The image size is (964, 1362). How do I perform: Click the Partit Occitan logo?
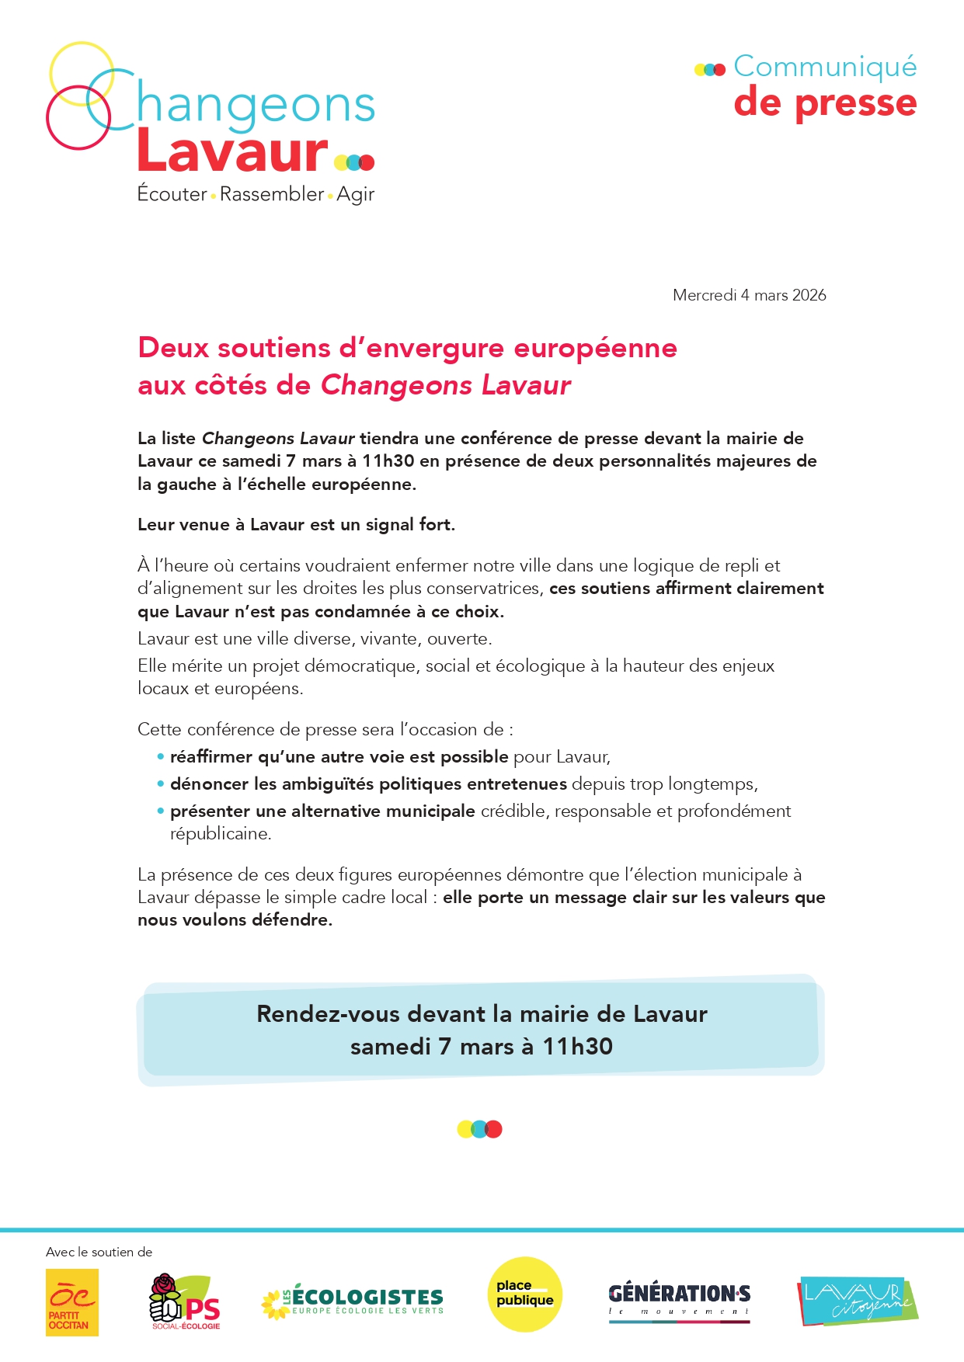[x=72, y=1302]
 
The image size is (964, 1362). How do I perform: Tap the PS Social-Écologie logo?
[x=185, y=1301]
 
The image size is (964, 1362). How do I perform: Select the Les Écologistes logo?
[x=353, y=1301]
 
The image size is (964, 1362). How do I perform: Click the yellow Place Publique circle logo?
[x=524, y=1294]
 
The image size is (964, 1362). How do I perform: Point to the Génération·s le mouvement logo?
[x=679, y=1301]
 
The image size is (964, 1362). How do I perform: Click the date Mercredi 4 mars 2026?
[x=749, y=295]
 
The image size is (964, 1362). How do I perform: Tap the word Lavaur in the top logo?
[x=232, y=151]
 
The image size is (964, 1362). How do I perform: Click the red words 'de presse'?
[x=825, y=103]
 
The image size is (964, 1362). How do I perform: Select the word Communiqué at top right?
[x=825, y=67]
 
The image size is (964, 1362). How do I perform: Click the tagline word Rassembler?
[x=272, y=193]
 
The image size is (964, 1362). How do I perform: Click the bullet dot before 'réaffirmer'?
[x=161, y=756]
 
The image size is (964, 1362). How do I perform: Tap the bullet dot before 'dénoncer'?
[x=161, y=783]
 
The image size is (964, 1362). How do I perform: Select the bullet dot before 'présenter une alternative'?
[x=161, y=811]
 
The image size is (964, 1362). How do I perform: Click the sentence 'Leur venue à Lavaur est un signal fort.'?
[x=296, y=525]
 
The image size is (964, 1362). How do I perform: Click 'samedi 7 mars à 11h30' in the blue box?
[x=481, y=1047]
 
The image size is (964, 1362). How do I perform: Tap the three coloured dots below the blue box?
[x=479, y=1129]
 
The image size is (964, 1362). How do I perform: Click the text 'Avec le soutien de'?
[x=99, y=1252]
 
